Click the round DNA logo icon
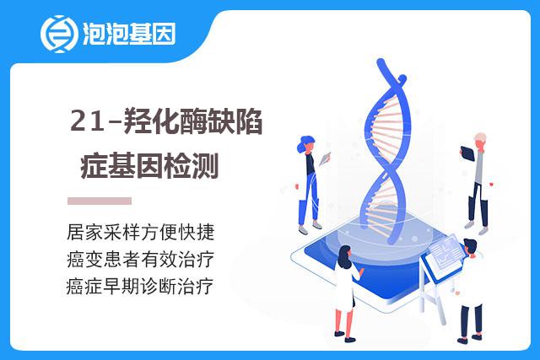[x=57, y=34]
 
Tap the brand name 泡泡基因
[x=129, y=34]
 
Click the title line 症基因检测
[x=150, y=166]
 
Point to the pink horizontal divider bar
[x=100, y=201]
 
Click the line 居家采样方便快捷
[x=141, y=232]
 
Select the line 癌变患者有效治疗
[x=141, y=259]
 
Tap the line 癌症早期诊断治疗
[x=140, y=286]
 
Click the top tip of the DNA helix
[x=381, y=62]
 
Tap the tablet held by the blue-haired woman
[x=325, y=159]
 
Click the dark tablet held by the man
[x=467, y=153]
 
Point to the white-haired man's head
[x=480, y=140]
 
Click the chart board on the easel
[x=445, y=255]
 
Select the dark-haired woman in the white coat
[x=347, y=293]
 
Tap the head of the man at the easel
[x=470, y=247]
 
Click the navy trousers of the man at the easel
[x=471, y=320]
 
